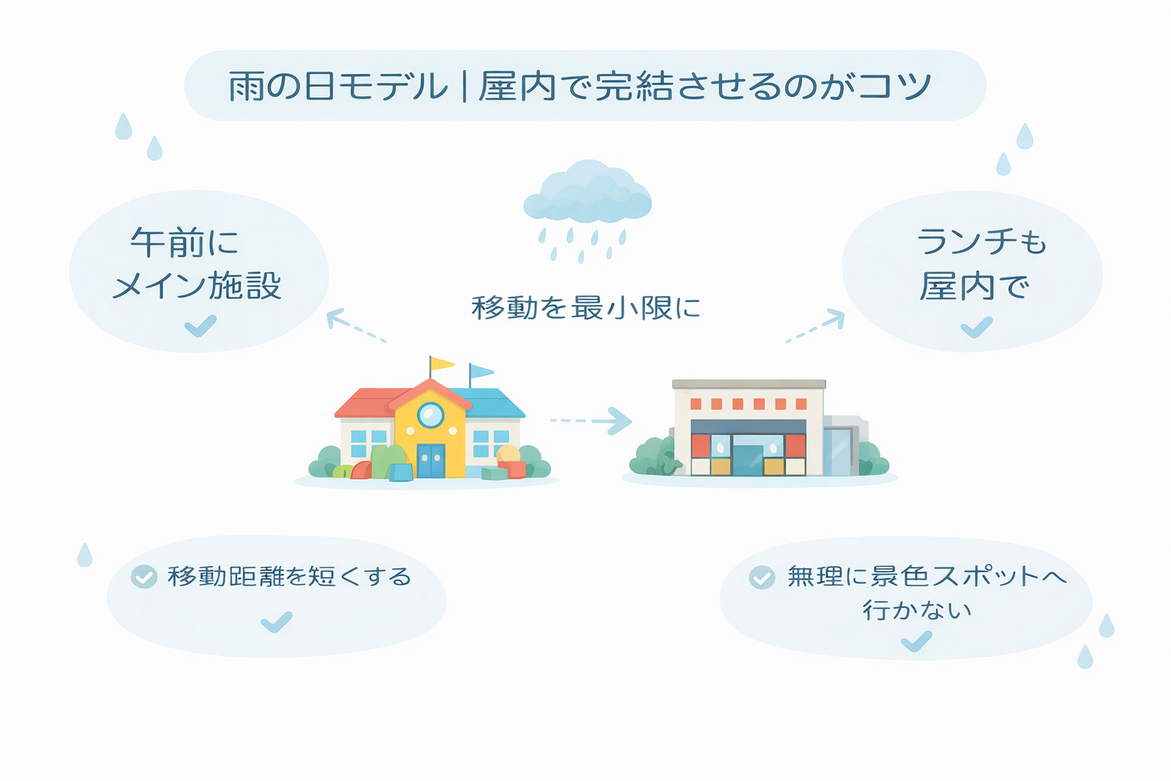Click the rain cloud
point(588,192)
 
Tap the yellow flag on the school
point(441,364)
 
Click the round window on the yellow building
point(431,416)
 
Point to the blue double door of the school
point(431,461)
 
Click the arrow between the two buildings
point(591,420)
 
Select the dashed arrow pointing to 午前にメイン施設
point(355,326)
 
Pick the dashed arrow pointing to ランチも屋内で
point(816,326)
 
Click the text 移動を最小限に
point(585,307)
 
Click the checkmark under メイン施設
point(201,326)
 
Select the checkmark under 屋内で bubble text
point(977,327)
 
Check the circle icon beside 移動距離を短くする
point(144,577)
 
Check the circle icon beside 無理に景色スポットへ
point(762,577)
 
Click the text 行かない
point(916,610)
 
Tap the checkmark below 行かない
point(916,641)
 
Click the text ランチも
point(981,243)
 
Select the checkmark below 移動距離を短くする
point(277,622)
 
